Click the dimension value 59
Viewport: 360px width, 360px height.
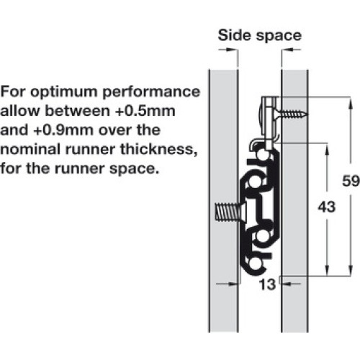click(351, 181)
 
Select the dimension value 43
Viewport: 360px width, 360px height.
click(327, 207)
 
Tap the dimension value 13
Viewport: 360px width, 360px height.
click(267, 284)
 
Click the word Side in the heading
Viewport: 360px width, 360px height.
click(235, 35)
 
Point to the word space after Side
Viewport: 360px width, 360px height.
click(279, 37)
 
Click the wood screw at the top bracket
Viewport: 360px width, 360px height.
click(291, 113)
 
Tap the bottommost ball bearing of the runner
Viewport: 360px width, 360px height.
click(255, 264)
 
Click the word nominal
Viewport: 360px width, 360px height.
click(30, 149)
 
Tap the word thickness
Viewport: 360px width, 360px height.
click(158, 150)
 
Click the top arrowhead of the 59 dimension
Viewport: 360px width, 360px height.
click(351, 103)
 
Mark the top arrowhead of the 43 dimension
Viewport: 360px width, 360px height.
click(326, 149)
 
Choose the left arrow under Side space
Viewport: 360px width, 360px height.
click(228, 50)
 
